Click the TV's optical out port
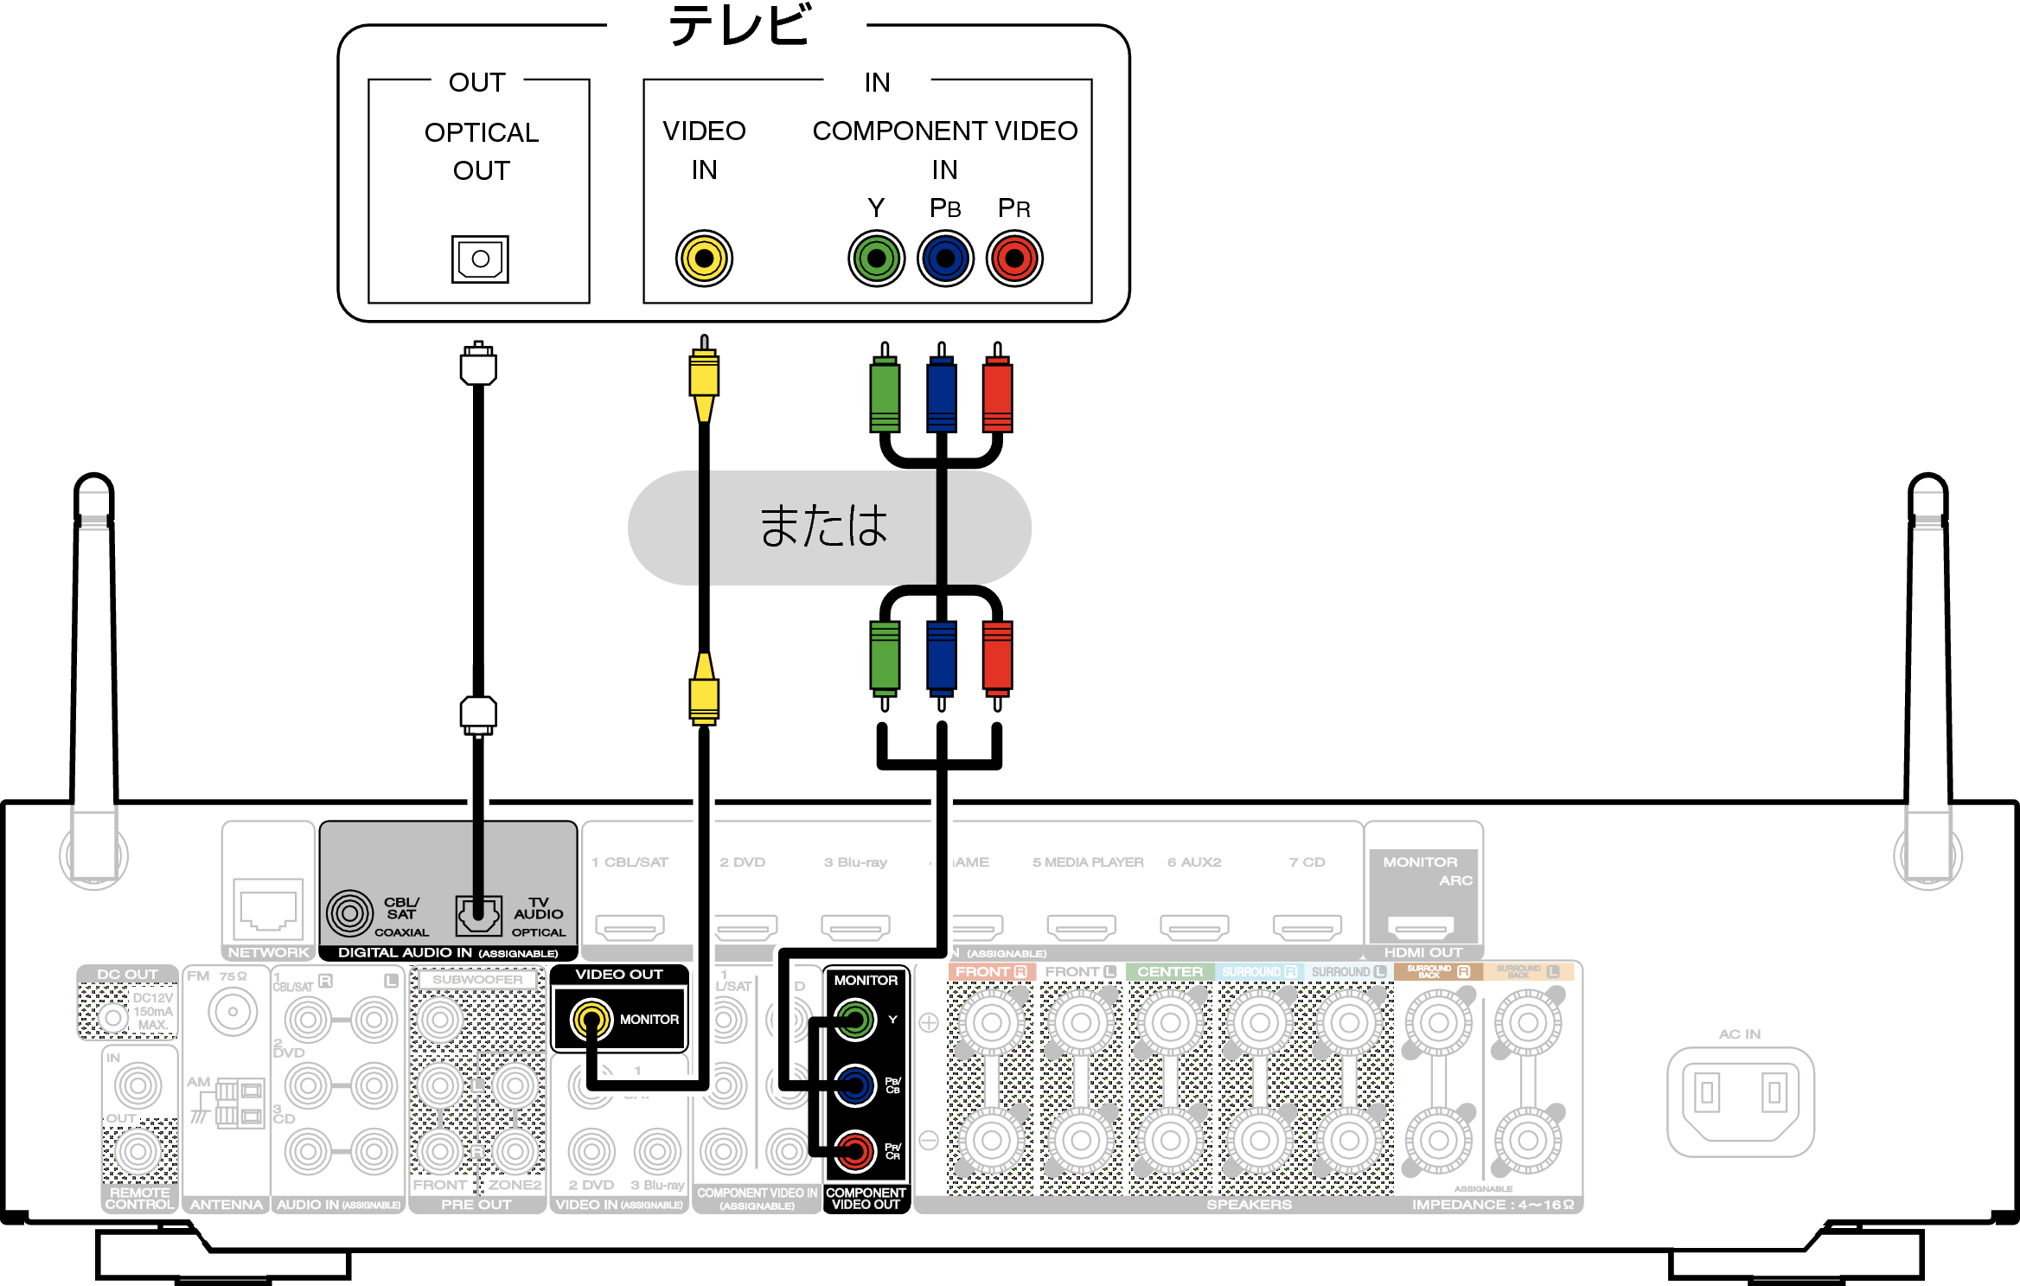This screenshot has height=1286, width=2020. pyautogui.click(x=480, y=259)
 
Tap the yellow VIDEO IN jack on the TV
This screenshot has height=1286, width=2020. pyautogui.click(x=704, y=258)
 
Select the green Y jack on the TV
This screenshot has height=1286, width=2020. pyautogui.click(x=876, y=258)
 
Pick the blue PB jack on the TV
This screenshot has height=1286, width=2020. pyautogui.click(x=945, y=258)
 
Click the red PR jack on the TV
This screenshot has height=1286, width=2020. pyautogui.click(x=1014, y=258)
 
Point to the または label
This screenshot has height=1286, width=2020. pyautogui.click(x=824, y=526)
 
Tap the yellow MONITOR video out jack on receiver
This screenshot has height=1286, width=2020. pyautogui.click(x=591, y=1020)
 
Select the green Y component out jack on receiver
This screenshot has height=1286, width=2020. pyautogui.click(x=855, y=1020)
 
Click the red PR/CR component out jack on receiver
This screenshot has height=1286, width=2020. pyautogui.click(x=855, y=1151)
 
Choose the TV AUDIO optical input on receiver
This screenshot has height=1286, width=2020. pyautogui.click(x=478, y=914)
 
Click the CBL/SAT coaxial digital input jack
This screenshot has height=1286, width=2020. pyautogui.click(x=349, y=913)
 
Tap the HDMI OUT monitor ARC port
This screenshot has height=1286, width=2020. pyautogui.click(x=1421, y=928)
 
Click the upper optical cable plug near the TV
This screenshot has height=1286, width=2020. pyautogui.click(x=478, y=365)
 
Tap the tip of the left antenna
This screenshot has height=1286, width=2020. pyautogui.click(x=93, y=484)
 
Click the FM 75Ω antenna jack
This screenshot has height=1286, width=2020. pyautogui.click(x=233, y=1011)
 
